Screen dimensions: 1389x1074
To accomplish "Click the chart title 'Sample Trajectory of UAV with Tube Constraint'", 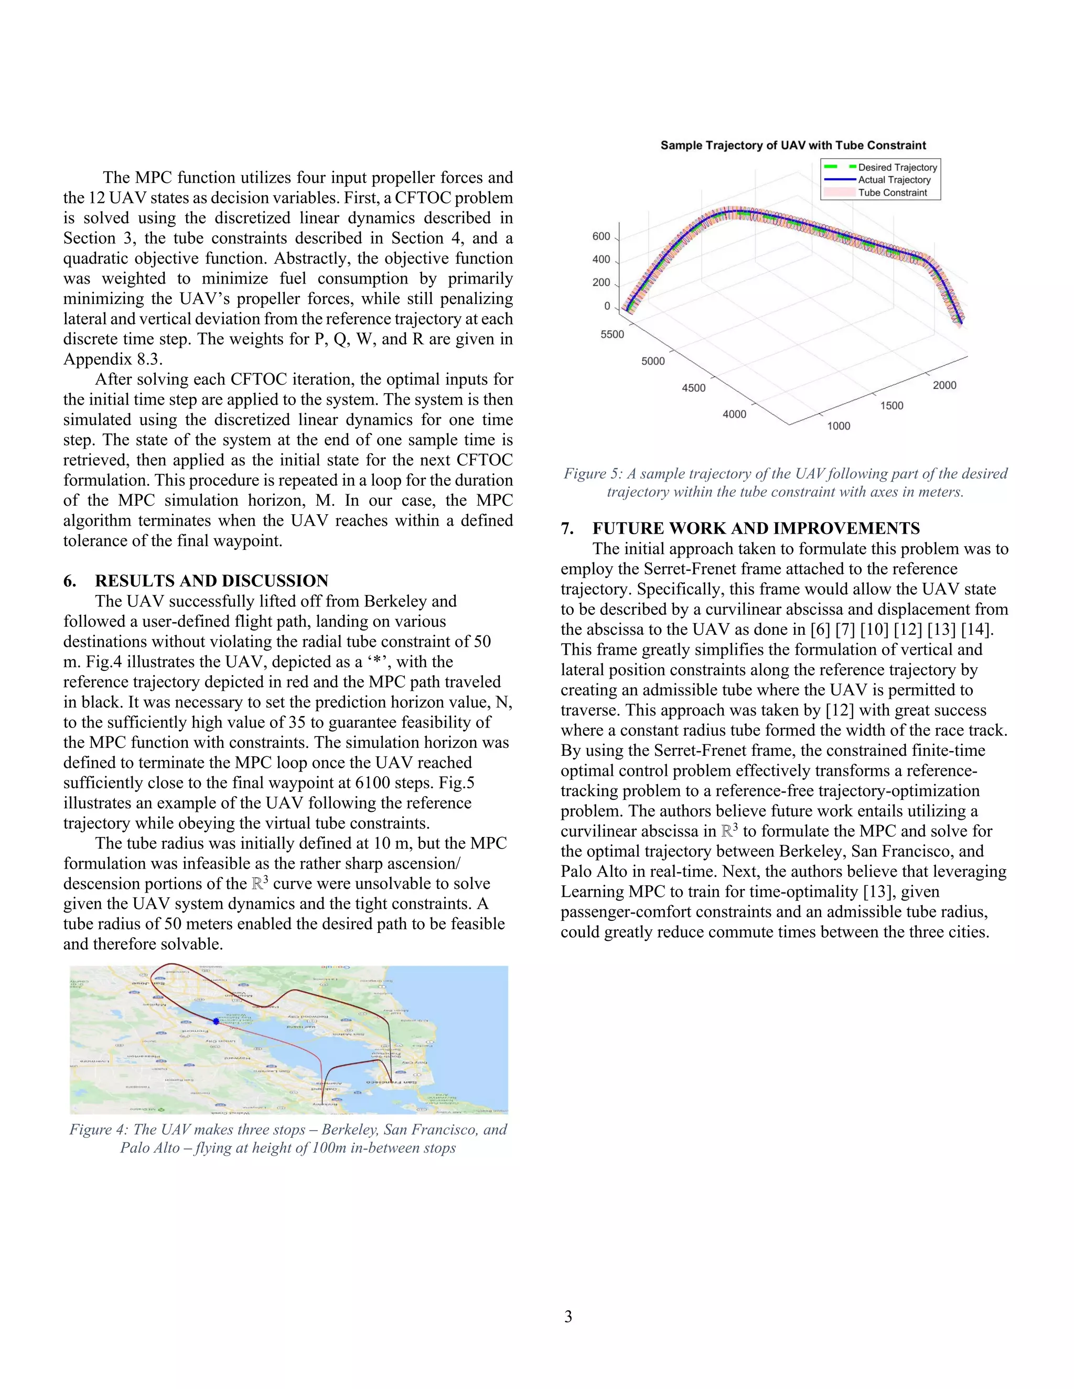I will tap(793, 145).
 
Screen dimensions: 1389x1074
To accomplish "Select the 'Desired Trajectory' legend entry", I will tap(897, 167).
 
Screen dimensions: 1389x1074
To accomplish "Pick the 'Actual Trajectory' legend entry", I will tap(894, 180).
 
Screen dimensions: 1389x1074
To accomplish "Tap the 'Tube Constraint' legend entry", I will tap(892, 193).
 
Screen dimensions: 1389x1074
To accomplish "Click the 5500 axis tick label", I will tap(612, 334).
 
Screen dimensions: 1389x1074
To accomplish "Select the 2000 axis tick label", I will tap(944, 385).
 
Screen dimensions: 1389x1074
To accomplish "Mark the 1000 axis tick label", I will tap(838, 426).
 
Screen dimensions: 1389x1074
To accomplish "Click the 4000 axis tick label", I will tap(734, 415).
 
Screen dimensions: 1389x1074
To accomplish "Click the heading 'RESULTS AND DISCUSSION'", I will tap(211, 581).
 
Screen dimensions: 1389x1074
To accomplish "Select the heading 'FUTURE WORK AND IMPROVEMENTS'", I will tap(756, 528).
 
